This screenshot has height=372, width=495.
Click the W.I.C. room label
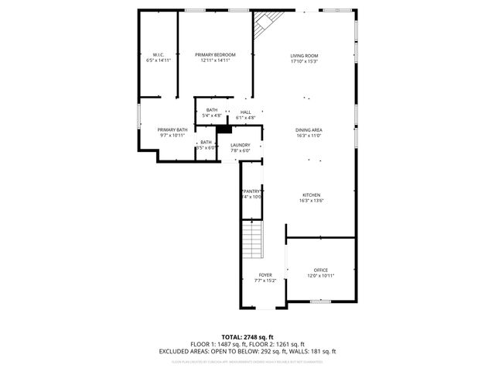click(x=158, y=55)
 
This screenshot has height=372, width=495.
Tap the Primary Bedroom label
click(x=215, y=55)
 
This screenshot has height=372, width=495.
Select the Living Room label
click(x=304, y=56)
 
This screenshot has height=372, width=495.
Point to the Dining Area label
click(x=309, y=130)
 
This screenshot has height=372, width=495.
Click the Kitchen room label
click(x=311, y=195)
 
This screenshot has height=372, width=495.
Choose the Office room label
click(x=321, y=270)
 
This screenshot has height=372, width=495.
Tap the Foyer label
click(x=265, y=275)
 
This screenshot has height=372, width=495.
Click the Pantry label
click(x=253, y=191)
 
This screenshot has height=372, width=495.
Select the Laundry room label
click(x=240, y=145)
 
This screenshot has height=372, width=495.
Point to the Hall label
click(x=245, y=112)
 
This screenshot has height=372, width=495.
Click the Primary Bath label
click(x=172, y=129)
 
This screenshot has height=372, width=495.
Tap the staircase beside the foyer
click(x=252, y=239)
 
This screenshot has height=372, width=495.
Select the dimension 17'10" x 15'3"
click(x=304, y=61)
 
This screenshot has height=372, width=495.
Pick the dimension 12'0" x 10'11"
click(x=321, y=275)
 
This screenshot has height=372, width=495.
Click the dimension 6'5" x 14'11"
click(x=158, y=60)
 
